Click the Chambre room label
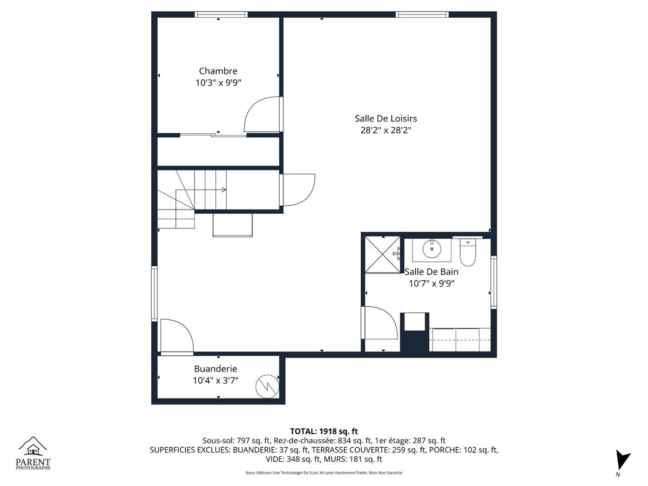pyautogui.click(x=218, y=71)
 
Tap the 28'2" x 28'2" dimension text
pyautogui.click(x=386, y=130)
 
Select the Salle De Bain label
pyautogui.click(x=431, y=272)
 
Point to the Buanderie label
pyautogui.click(x=215, y=369)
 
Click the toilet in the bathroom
pyautogui.click(x=468, y=252)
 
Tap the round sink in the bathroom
pyautogui.click(x=432, y=249)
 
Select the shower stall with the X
pyautogui.click(x=383, y=254)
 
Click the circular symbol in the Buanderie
pyautogui.click(x=267, y=387)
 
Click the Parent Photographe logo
pyautogui.click(x=33, y=453)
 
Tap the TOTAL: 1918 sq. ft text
pyautogui.click(x=324, y=431)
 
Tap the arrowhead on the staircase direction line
pyautogui.click(x=224, y=190)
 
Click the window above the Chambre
pyautogui.click(x=221, y=14)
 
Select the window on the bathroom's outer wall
pyautogui.click(x=494, y=282)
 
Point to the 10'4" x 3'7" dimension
pyautogui.click(x=215, y=381)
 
